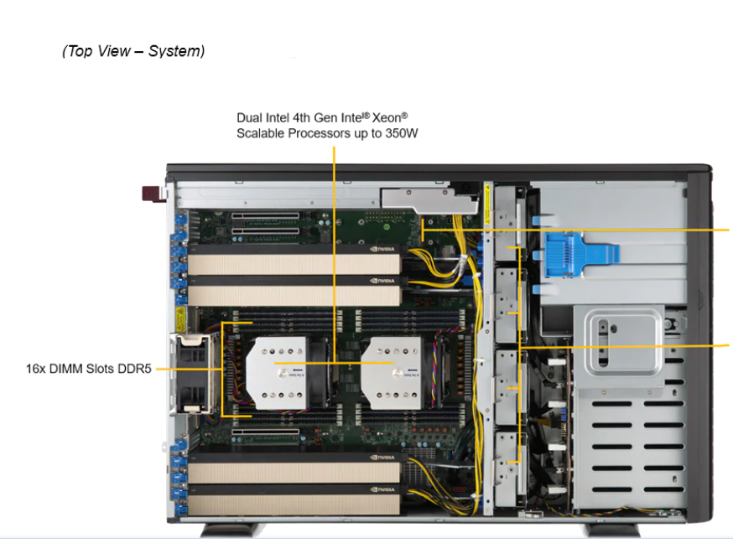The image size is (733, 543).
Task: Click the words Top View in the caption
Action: click(x=99, y=51)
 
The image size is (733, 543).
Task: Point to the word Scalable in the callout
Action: click(x=259, y=133)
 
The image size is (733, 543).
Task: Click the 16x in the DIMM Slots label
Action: click(x=38, y=368)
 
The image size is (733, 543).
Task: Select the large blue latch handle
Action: click(x=579, y=251)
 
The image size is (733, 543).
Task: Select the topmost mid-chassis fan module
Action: click(x=509, y=226)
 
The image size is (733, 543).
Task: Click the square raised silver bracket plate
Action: click(x=617, y=339)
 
